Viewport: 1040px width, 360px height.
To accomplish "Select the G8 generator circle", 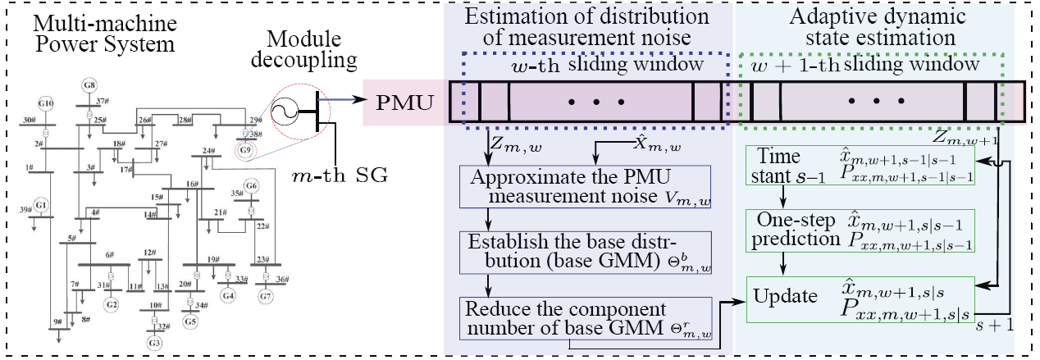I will tap(90, 84).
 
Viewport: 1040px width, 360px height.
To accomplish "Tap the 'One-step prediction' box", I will tap(859, 230).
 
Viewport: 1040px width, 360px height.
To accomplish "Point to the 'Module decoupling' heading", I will tap(312, 48).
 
